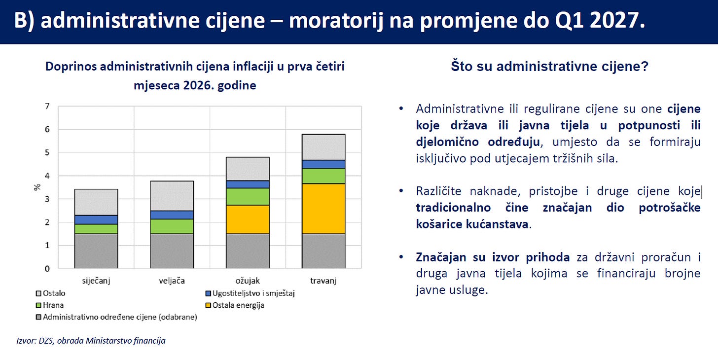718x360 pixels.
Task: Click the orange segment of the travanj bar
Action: click(323, 209)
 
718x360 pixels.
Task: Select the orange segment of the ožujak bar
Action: click(248, 219)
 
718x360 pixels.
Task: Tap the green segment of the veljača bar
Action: click(172, 226)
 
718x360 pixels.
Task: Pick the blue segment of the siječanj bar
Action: click(96, 219)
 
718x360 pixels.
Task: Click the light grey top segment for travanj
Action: click(323, 147)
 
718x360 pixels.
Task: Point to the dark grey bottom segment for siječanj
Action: click(96, 251)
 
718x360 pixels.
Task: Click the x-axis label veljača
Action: click(172, 281)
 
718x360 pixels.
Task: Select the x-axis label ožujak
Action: click(248, 281)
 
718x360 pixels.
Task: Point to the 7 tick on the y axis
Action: click(47, 106)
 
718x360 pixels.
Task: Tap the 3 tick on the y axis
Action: click(47, 199)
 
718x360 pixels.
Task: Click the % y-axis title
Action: click(37, 187)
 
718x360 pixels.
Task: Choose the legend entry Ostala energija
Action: click(235, 305)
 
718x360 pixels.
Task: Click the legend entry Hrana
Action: click(50, 305)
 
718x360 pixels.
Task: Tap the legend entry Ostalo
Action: click(51, 293)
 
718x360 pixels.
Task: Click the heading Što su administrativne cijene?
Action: click(549, 67)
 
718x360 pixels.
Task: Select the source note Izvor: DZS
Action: click(35, 341)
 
